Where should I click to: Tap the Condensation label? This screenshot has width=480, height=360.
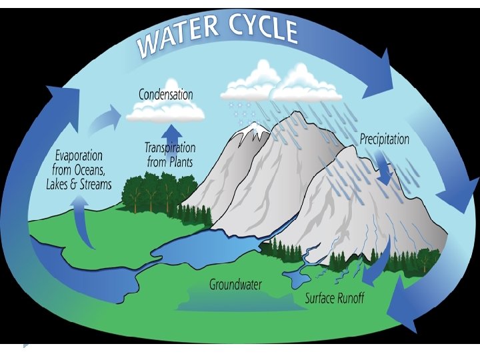click(165, 95)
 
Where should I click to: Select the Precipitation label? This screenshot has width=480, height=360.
click(385, 140)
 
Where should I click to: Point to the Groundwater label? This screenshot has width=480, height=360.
click(235, 285)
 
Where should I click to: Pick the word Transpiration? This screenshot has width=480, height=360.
click(170, 147)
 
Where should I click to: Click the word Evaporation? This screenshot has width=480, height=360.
click(78, 157)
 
